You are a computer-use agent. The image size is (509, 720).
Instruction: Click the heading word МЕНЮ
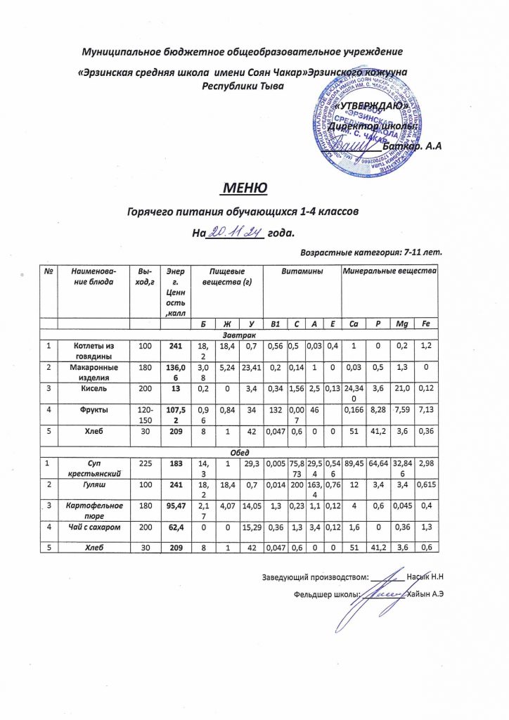coord(244,188)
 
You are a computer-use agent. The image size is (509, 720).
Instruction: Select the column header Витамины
coord(301,271)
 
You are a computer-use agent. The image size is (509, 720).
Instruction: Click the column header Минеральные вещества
coord(389,271)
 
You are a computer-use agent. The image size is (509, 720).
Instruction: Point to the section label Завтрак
coord(244,335)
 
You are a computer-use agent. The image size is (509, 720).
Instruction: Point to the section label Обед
coord(244,451)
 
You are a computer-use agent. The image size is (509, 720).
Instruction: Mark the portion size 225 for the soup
coord(145,463)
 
